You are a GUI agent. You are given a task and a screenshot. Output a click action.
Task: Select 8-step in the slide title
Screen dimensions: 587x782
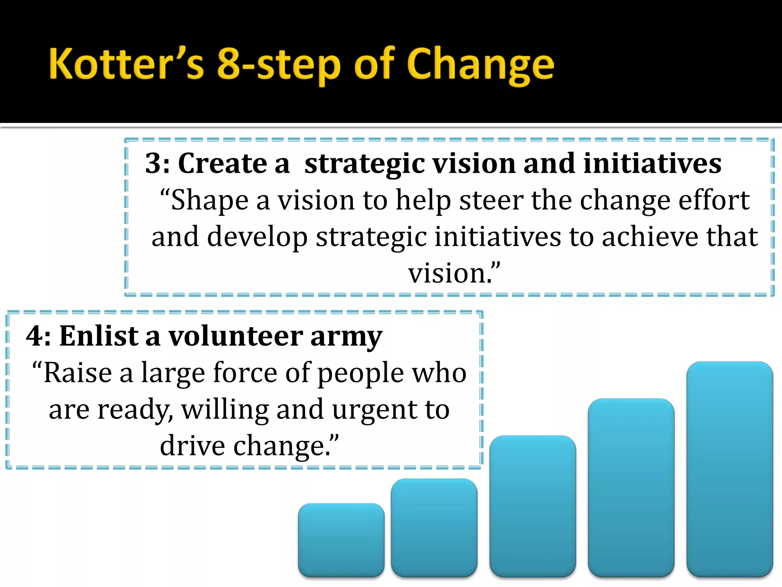[x=278, y=65]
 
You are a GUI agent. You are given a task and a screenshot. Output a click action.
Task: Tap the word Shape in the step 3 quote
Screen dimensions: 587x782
[x=210, y=200]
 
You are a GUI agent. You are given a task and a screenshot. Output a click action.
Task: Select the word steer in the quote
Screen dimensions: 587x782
[x=491, y=200]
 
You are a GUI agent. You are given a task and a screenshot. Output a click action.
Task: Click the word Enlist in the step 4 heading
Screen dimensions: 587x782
[x=99, y=336]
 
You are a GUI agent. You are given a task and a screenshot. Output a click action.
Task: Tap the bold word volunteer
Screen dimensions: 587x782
[x=236, y=336]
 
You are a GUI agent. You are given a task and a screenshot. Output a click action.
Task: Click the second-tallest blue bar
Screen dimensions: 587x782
[x=631, y=487]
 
